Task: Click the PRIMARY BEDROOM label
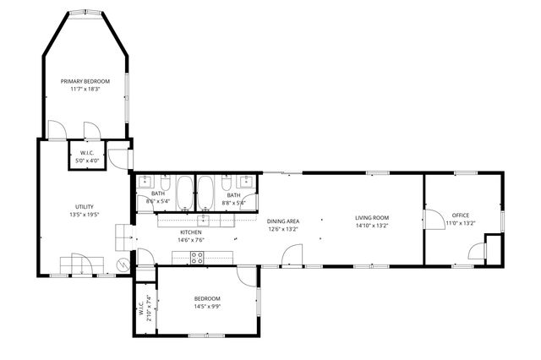click(85, 81)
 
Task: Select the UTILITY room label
click(85, 207)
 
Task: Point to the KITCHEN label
click(191, 232)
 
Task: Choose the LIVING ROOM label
click(371, 218)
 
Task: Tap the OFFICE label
click(460, 215)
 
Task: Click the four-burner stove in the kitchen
click(197, 258)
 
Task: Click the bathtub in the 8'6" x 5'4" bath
click(184, 191)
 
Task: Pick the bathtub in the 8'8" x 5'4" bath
click(205, 191)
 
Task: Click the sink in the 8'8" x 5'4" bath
click(248, 181)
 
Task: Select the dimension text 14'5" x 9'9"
click(207, 306)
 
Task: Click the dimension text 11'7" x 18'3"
click(85, 89)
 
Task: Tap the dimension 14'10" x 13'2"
click(371, 226)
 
